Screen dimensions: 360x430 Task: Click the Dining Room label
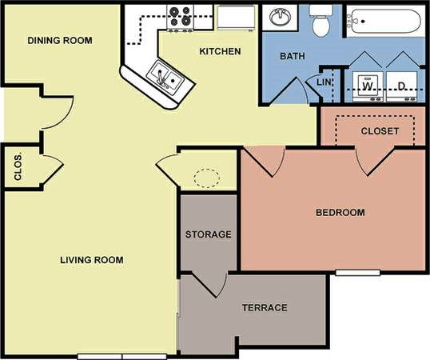pos(60,41)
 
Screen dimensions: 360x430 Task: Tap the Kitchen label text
pos(220,51)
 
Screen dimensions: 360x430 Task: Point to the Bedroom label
pos(340,213)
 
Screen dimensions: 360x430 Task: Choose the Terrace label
pos(264,308)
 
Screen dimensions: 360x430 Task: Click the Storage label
pos(208,235)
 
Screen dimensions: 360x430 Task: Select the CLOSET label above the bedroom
pos(380,130)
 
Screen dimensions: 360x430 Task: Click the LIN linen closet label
pos(324,82)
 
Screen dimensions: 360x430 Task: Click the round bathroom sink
pos(281,17)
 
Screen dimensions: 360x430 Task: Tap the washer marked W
pos(368,84)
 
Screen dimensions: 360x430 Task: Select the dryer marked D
pos(400,84)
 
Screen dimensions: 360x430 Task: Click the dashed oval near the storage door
pos(207,176)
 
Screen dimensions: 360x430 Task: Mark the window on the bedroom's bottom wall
pos(357,273)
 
